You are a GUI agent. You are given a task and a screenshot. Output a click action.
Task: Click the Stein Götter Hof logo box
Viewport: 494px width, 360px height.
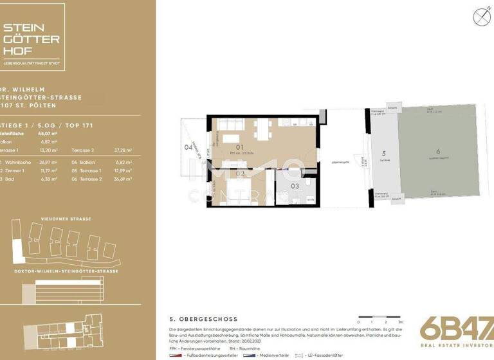pos(32,35)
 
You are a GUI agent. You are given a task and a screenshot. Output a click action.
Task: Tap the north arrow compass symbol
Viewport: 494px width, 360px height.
pos(480,17)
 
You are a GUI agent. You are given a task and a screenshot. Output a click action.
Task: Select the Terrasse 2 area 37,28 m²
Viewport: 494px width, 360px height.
pos(123,150)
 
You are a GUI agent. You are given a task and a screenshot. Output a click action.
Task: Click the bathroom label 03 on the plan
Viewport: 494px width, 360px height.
pos(295,186)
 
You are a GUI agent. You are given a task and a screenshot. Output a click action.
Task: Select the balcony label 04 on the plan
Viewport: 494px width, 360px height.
pos(188,147)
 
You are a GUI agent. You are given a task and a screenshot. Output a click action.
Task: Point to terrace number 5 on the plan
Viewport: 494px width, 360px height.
pos(383,154)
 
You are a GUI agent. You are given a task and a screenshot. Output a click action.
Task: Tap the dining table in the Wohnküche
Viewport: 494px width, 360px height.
pos(264,130)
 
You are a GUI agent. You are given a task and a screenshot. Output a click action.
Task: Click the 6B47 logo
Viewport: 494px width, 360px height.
pos(455,328)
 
